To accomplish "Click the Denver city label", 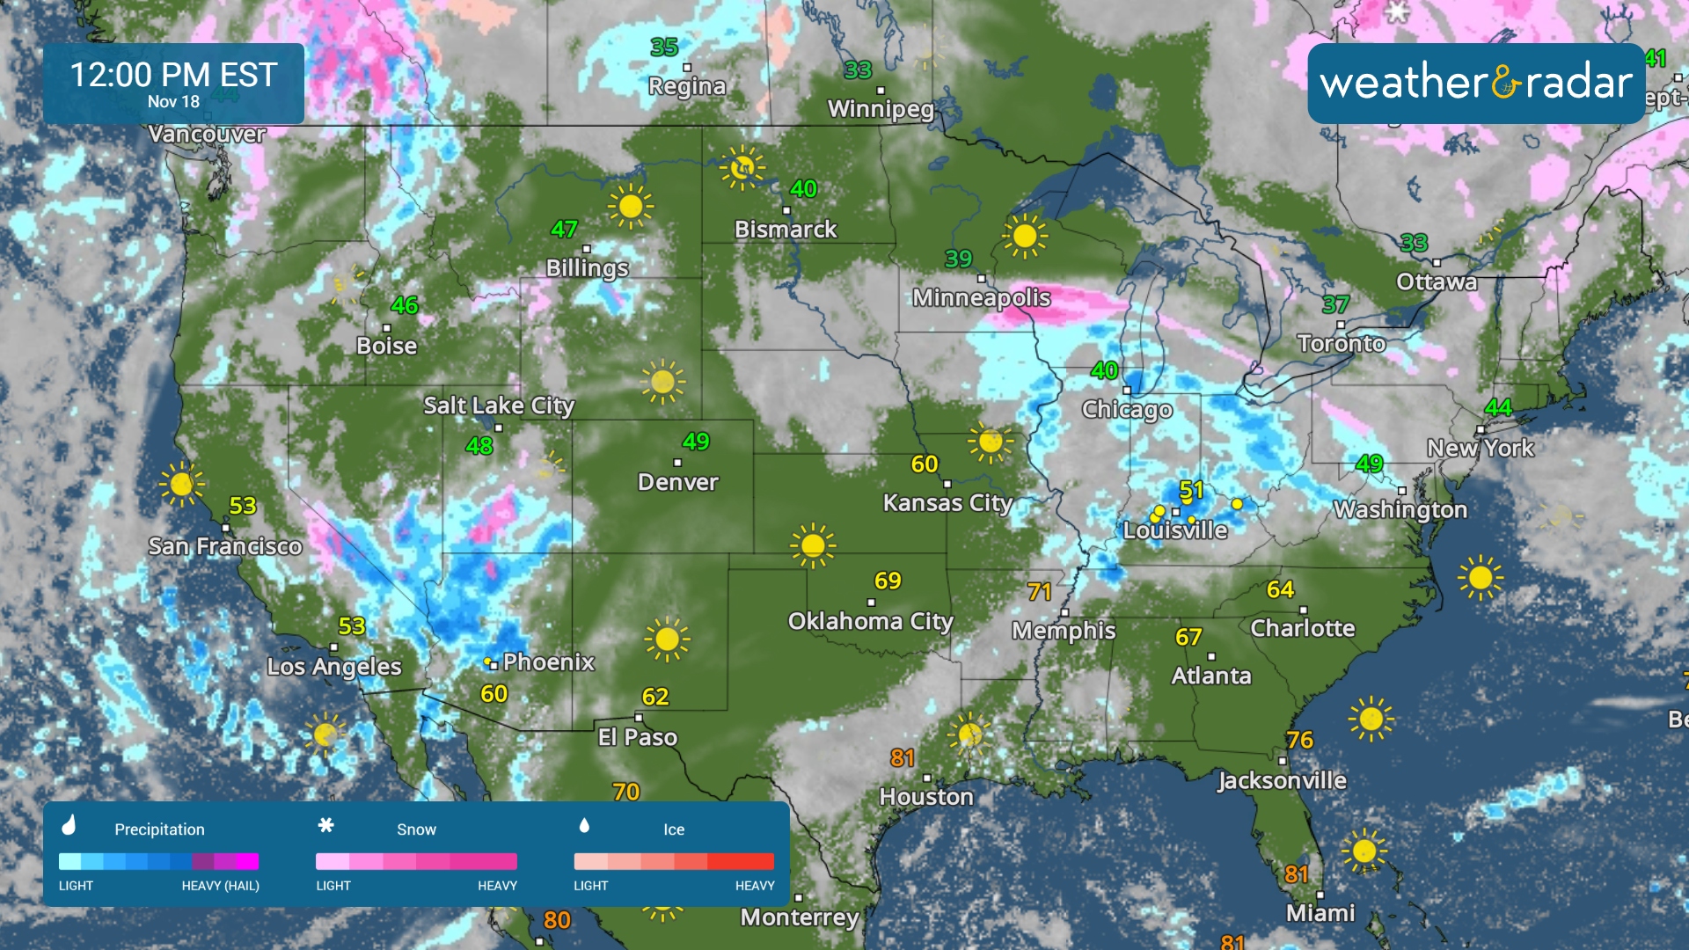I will (x=677, y=482).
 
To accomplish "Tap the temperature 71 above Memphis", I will (x=1039, y=592).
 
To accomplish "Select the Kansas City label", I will (x=947, y=503).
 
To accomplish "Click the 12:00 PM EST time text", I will (x=173, y=75).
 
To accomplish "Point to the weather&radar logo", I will (x=1475, y=83).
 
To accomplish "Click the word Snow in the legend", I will (x=416, y=829).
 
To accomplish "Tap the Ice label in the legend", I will (x=673, y=829).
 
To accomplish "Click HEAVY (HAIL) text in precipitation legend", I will (x=220, y=886).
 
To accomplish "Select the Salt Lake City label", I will (x=498, y=406).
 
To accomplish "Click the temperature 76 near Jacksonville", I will (x=1299, y=740).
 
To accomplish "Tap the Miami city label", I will (x=1320, y=913).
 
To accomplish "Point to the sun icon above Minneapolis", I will (x=1024, y=236).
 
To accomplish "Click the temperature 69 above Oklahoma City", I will (x=887, y=581).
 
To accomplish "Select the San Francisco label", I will (x=224, y=546).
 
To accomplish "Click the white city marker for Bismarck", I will (x=786, y=210).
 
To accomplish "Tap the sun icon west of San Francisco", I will (x=181, y=484).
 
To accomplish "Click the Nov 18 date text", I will (x=173, y=102).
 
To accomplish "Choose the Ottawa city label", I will (x=1436, y=282).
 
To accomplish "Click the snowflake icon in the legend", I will (x=325, y=825).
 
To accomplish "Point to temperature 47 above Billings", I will (x=564, y=230).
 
